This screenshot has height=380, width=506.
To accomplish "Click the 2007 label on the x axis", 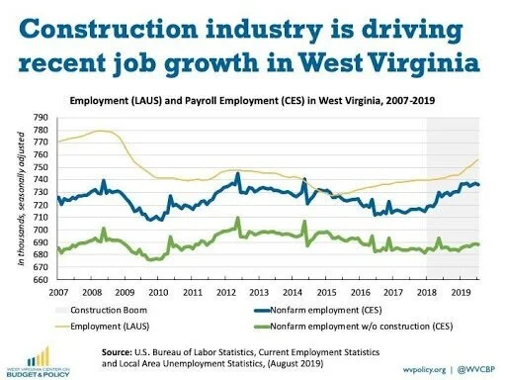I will pos(58,294).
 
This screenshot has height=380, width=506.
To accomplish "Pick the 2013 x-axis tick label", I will pos(259,294).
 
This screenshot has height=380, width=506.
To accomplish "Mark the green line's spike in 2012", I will pos(237,219).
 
